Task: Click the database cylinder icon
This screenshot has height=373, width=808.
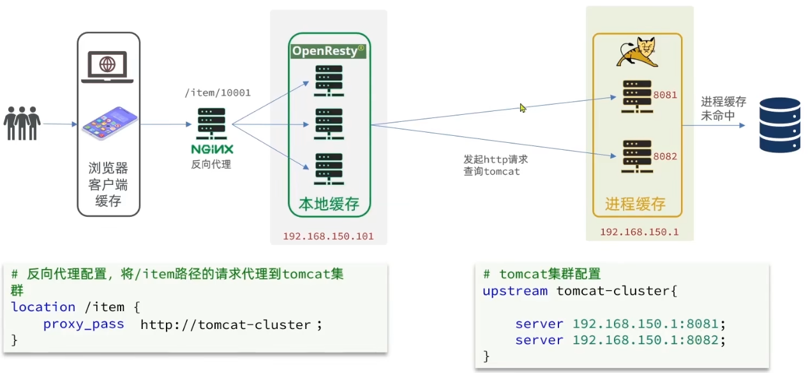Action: (x=779, y=125)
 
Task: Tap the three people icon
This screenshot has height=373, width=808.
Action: (x=22, y=123)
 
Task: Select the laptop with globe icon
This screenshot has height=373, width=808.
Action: (x=107, y=66)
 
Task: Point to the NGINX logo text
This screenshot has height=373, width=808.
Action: (x=212, y=149)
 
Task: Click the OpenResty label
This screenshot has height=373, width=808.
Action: (x=328, y=51)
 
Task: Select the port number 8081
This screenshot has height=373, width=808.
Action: (x=665, y=95)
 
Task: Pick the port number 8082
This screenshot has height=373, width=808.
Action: (x=665, y=156)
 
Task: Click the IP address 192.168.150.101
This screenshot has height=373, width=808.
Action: (x=328, y=237)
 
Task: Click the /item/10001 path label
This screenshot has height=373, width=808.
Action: (x=217, y=93)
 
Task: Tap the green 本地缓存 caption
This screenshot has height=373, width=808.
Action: (x=329, y=204)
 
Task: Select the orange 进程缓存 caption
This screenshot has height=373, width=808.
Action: (x=635, y=204)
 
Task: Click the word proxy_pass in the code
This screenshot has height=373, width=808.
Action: (x=84, y=325)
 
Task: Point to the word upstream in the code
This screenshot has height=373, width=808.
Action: (x=515, y=291)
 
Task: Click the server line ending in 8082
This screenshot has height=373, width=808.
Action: (x=620, y=340)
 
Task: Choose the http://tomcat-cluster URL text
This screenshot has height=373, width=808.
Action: (x=225, y=325)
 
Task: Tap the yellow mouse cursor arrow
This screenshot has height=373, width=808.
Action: (x=523, y=108)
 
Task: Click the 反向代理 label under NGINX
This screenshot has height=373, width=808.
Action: (x=211, y=165)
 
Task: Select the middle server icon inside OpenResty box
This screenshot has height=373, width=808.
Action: (x=329, y=124)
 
